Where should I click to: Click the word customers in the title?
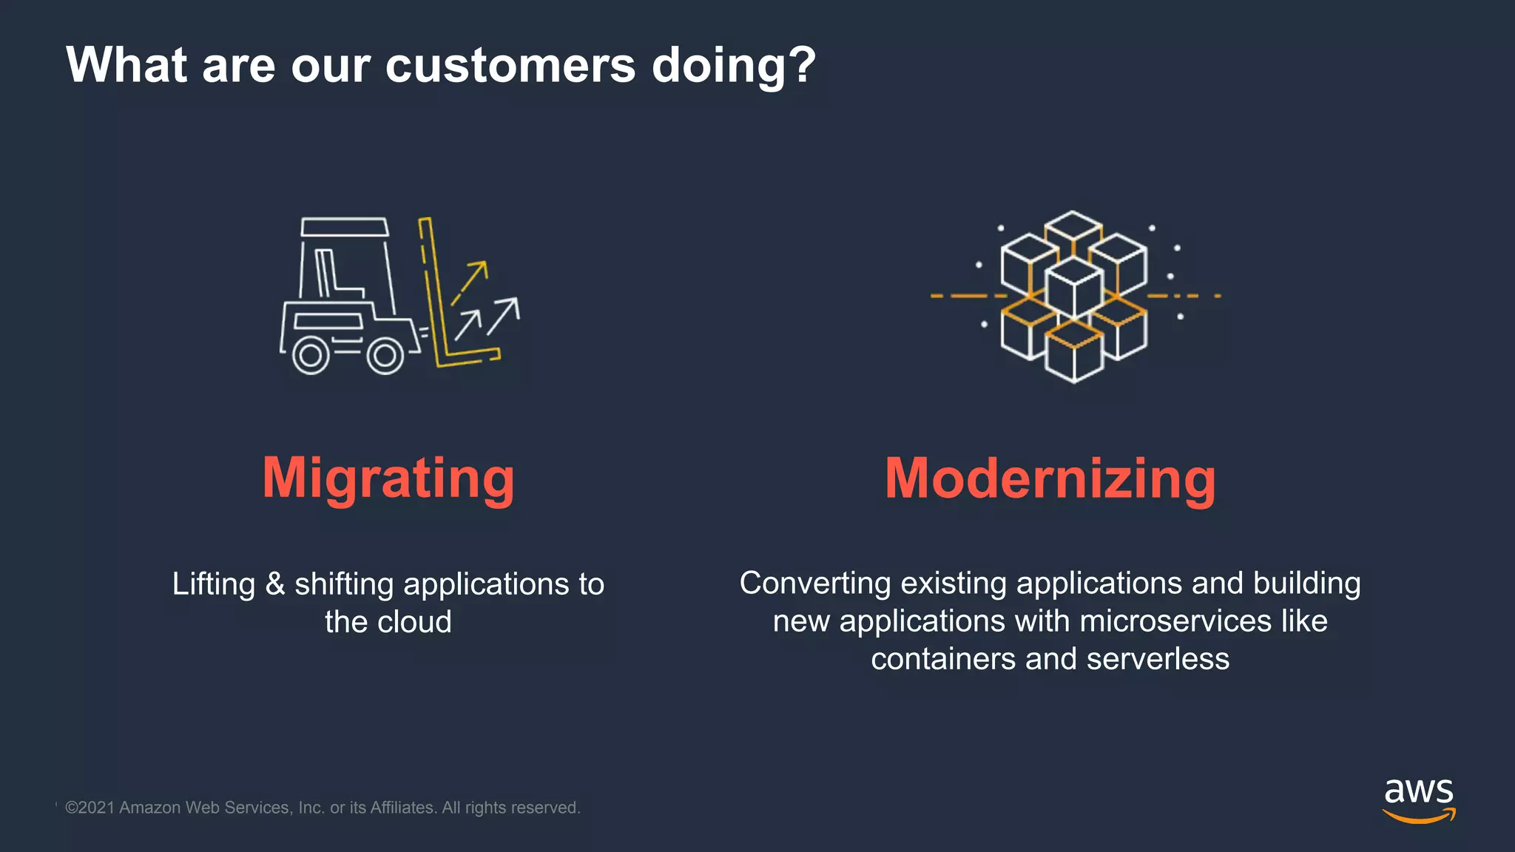[x=510, y=65]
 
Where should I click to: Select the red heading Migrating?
[x=388, y=479]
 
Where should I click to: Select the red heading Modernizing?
[x=1050, y=479]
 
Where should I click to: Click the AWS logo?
[x=1419, y=799]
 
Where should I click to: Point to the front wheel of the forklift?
[x=385, y=356]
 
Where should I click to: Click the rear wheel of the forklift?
[x=311, y=356]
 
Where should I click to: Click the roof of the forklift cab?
[x=345, y=226]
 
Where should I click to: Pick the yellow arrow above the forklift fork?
[x=470, y=281]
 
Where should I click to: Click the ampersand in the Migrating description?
[x=275, y=584]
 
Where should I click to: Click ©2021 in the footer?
[x=90, y=808]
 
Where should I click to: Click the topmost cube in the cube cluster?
[x=1073, y=231]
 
